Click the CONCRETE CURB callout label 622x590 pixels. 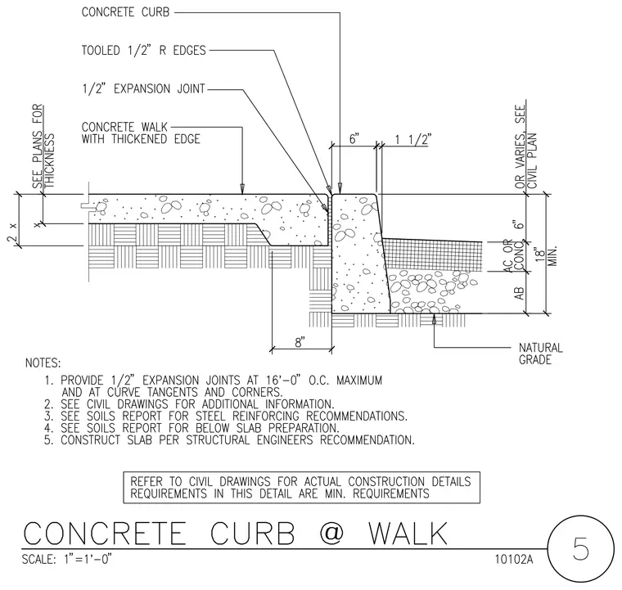125,12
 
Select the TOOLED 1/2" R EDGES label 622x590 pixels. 143,51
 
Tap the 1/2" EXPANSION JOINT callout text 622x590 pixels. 143,88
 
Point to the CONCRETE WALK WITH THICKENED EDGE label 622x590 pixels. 141,133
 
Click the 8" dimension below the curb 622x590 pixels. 300,342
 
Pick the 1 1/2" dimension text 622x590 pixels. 413,139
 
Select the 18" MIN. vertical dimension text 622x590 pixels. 546,255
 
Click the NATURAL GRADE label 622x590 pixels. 541,354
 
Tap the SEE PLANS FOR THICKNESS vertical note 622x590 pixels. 43,146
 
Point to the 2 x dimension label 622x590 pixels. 12,233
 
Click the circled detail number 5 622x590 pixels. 581,549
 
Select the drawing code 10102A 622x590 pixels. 514,559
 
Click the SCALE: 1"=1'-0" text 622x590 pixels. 67,559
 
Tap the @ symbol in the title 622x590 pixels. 331,533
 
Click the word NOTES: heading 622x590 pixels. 43,363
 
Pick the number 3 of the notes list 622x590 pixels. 48,417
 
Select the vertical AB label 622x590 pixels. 519,294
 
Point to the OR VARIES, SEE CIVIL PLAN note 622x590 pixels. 525,146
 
